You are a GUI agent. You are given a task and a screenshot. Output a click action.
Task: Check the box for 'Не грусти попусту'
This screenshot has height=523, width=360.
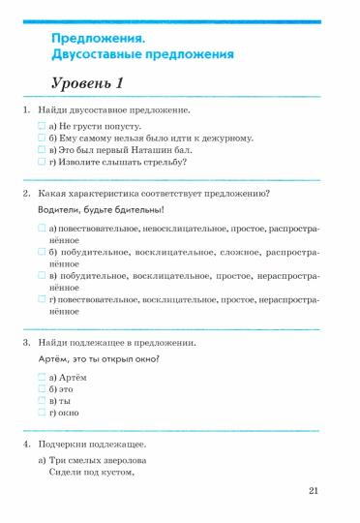pos(42,127)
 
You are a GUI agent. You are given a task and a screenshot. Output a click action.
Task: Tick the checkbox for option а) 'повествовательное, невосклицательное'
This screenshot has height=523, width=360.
pos(42,228)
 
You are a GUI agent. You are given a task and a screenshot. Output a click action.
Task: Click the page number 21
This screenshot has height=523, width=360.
pos(314,492)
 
